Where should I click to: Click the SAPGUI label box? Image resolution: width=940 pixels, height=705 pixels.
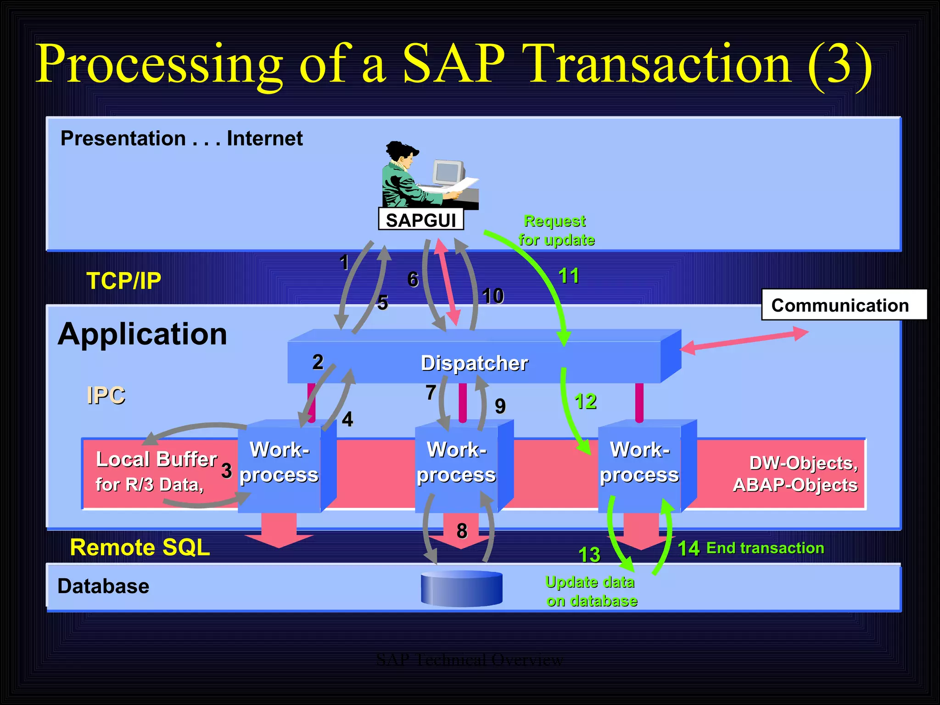420,219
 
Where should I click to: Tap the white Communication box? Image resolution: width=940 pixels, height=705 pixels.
844,305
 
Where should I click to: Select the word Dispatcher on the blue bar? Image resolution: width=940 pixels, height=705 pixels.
474,363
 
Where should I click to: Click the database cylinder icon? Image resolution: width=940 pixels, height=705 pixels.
461,588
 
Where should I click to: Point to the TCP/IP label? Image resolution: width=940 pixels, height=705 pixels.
124,280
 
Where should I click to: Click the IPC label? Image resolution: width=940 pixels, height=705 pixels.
106,395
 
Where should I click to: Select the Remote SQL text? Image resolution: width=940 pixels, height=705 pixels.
140,547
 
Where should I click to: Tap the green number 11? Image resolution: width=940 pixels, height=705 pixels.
569,276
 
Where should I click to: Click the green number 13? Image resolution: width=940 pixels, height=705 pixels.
589,554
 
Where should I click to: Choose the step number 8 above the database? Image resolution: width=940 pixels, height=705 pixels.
462,531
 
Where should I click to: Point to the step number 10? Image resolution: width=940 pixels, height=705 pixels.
493,296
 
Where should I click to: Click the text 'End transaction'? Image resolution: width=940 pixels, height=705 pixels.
765,548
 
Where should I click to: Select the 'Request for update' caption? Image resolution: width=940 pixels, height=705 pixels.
556,230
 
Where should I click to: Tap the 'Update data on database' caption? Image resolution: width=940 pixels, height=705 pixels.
591,591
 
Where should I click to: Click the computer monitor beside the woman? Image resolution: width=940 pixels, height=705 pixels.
448,173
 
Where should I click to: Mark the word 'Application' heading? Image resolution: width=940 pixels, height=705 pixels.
142,334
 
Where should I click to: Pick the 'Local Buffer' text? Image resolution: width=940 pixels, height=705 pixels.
156,459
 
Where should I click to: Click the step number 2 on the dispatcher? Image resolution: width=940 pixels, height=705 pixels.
318,362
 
